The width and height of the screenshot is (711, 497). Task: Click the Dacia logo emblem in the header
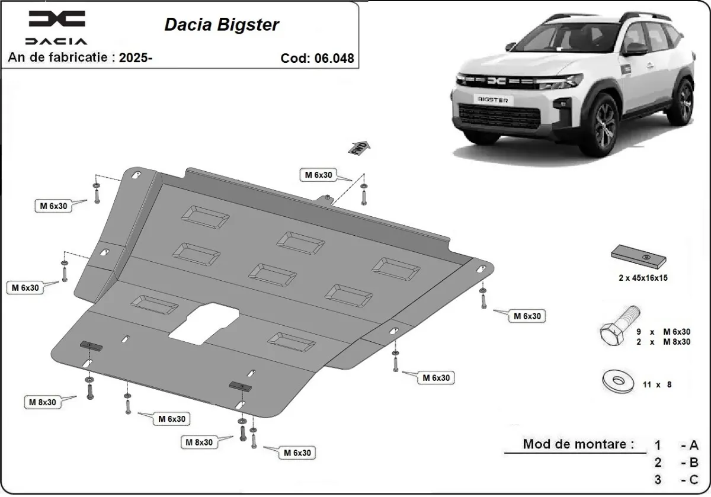coord(56,20)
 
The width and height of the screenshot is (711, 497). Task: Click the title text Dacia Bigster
coord(222,25)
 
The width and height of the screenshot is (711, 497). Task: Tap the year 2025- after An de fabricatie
coord(136,57)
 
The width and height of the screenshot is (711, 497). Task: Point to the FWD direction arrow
coord(361,148)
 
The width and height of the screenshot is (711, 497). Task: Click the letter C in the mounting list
coord(694,479)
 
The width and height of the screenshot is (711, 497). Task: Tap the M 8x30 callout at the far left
coord(43,402)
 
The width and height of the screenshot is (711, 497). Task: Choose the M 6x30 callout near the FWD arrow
coord(318,175)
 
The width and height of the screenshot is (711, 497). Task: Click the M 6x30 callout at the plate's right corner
coord(527,316)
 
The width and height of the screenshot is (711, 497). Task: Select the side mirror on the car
coord(635,49)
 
